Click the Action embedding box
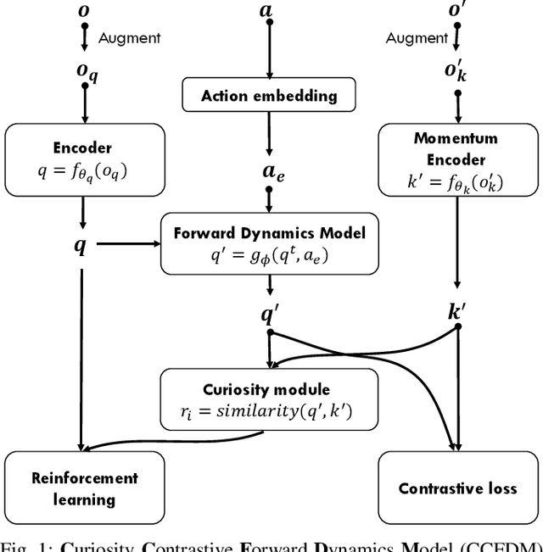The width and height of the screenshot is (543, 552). coord(269,96)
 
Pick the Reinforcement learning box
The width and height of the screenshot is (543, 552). coord(83,487)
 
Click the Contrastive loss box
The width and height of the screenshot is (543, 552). coord(457,487)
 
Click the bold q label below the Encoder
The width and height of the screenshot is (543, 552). coord(81,248)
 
